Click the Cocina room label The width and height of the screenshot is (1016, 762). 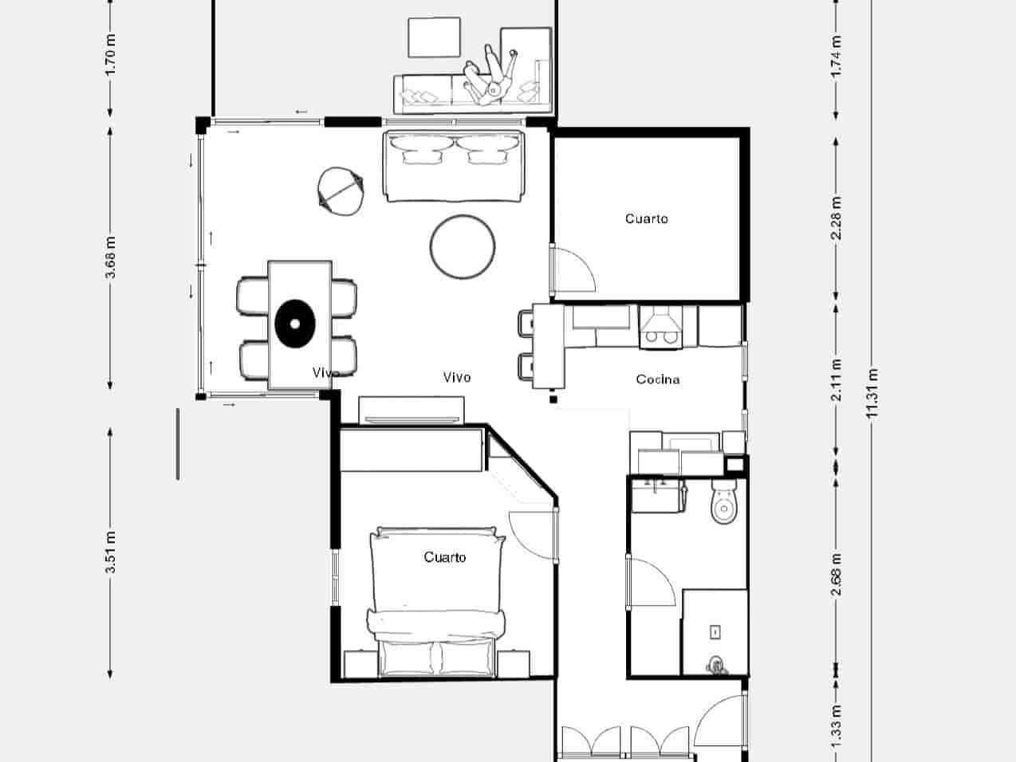tap(658, 379)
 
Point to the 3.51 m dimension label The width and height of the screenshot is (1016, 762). tap(111, 552)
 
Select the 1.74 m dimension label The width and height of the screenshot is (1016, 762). tap(836, 56)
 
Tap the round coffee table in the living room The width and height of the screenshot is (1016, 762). tap(463, 246)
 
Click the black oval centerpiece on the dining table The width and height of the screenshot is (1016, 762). tap(295, 324)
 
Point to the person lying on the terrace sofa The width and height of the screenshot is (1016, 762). tap(493, 76)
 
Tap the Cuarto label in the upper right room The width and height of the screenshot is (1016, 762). tap(646, 218)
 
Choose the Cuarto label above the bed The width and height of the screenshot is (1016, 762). tap(444, 557)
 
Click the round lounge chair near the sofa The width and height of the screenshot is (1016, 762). tap(340, 190)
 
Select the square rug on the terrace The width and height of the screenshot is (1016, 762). tap(435, 38)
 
